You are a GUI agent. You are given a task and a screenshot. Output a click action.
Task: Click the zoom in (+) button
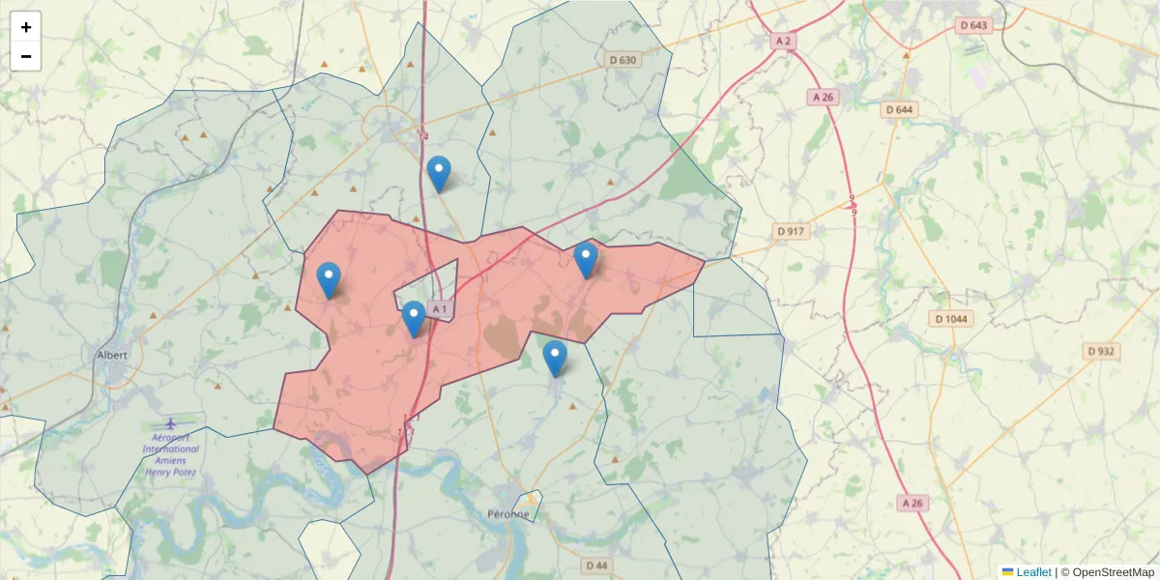click(26, 27)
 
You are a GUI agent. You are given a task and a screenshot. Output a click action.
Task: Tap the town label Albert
click(112, 355)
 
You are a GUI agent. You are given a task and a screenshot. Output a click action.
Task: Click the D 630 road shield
click(624, 60)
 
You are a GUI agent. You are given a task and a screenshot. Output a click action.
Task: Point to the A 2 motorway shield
click(783, 41)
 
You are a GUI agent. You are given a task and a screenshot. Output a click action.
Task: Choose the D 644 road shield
click(899, 109)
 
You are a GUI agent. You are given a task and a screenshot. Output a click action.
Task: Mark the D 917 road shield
click(791, 232)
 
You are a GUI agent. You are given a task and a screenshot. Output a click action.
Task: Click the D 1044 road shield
click(952, 319)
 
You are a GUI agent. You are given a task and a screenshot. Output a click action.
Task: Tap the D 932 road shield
click(1102, 352)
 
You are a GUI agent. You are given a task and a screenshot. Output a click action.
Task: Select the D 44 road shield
click(596, 565)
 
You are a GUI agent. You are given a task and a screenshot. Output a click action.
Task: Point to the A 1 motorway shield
click(439, 309)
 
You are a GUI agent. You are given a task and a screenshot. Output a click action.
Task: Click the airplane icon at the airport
click(171, 423)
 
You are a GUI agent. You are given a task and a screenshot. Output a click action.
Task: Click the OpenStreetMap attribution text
click(1112, 572)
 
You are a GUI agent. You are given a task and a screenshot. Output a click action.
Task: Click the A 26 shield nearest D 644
click(823, 97)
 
